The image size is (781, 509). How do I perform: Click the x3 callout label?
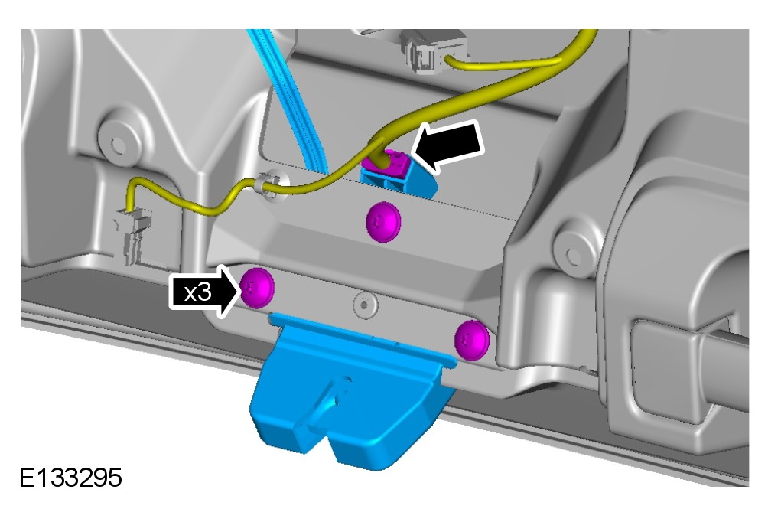(x=198, y=292)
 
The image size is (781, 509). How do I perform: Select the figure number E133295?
(x=70, y=478)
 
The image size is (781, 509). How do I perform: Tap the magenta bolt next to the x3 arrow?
(x=257, y=288)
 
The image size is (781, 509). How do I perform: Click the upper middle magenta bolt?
(x=383, y=222)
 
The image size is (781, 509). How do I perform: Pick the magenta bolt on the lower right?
(x=472, y=340)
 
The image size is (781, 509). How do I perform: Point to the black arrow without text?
(x=448, y=145)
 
